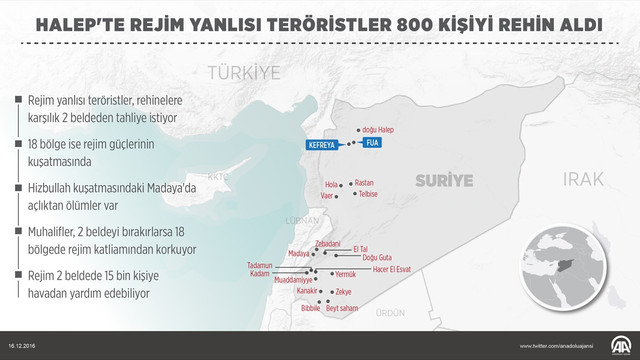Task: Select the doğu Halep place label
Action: [381, 131]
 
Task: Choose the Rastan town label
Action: [364, 183]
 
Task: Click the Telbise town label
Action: [367, 196]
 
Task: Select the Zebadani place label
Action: [328, 244]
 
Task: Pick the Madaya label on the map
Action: [297, 254]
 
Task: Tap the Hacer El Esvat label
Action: [393, 269]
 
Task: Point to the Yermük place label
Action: [345, 275]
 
